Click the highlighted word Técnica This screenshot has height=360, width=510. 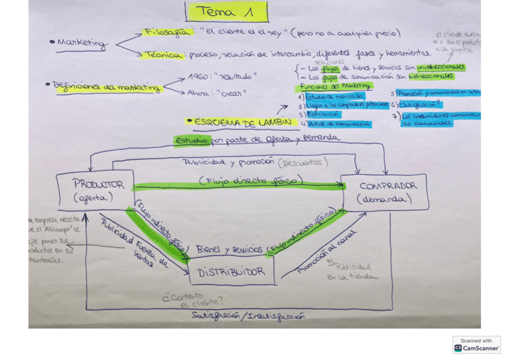(x=164, y=55)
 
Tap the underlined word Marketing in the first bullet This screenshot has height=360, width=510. (x=82, y=43)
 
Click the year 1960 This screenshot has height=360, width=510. (x=197, y=77)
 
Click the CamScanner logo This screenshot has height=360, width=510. (x=476, y=344)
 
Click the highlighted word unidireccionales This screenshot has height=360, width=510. (x=441, y=67)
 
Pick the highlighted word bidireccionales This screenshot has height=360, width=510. (x=431, y=76)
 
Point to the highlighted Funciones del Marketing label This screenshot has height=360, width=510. (x=335, y=86)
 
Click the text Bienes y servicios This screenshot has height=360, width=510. (x=229, y=249)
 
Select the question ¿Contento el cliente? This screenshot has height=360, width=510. (x=192, y=300)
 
